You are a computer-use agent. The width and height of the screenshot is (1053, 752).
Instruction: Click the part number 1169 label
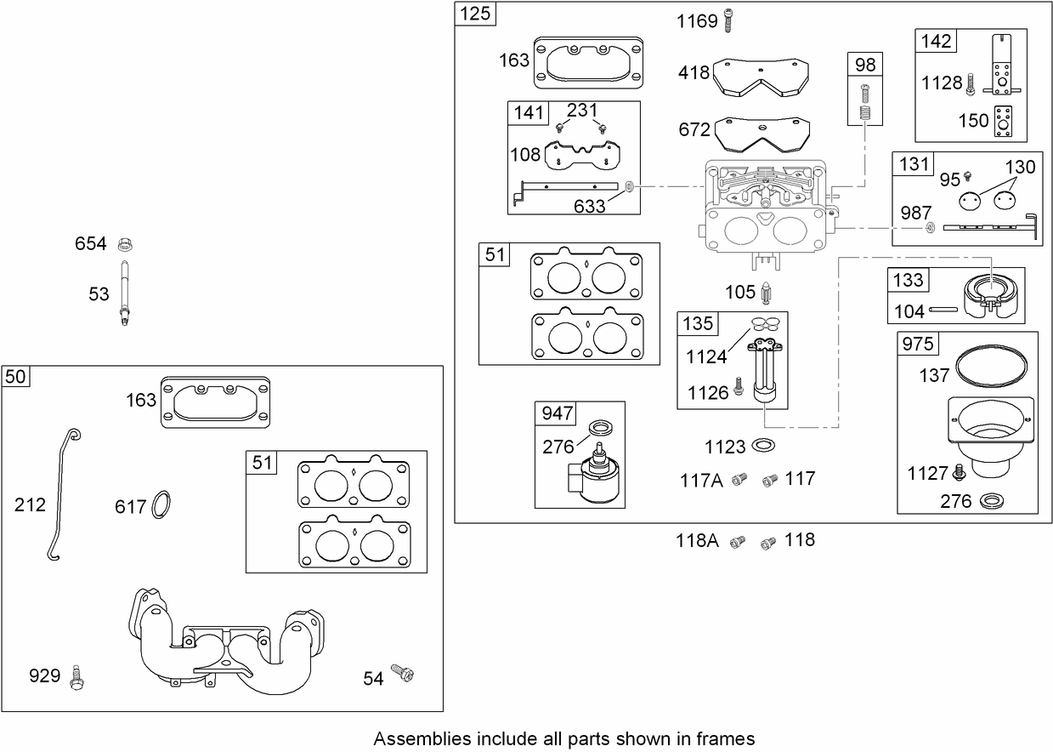pyautogui.click(x=697, y=21)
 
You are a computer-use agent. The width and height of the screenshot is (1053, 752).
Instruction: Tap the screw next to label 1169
pyautogui.click(x=728, y=20)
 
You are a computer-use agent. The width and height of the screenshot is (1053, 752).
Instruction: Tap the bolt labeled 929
pyautogui.click(x=79, y=676)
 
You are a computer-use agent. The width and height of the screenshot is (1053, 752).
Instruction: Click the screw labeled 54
pyautogui.click(x=402, y=675)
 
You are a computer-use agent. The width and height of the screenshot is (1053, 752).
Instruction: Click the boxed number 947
pyautogui.click(x=558, y=413)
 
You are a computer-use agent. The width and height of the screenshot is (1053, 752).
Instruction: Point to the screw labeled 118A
pyautogui.click(x=738, y=541)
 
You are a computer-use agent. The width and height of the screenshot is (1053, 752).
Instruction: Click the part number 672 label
pyautogui.click(x=694, y=129)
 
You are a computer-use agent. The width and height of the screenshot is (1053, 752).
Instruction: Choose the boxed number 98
pyautogui.click(x=865, y=65)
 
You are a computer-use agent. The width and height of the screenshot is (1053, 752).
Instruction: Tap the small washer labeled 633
pyautogui.click(x=628, y=185)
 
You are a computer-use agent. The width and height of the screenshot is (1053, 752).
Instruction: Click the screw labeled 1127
pyautogui.click(x=960, y=470)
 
